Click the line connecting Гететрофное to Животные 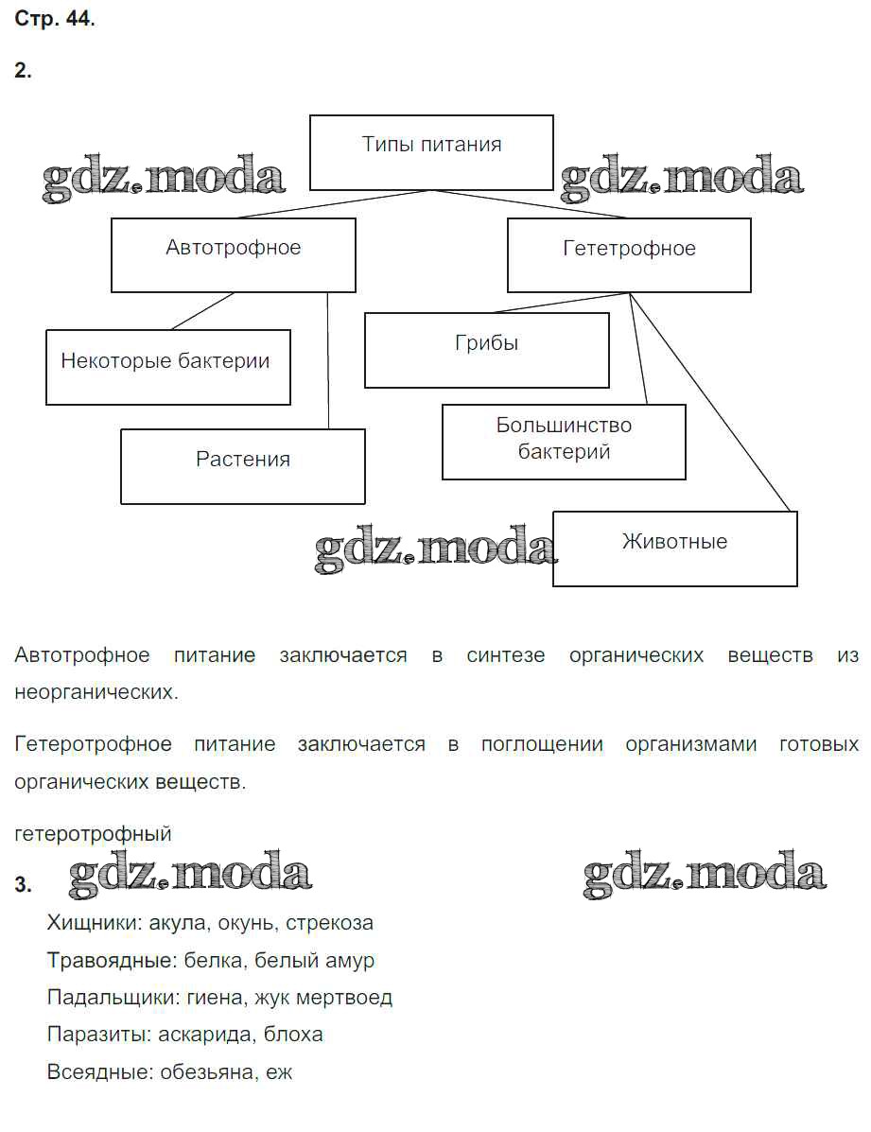[711, 403]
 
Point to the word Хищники [89, 922]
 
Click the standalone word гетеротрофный [94, 834]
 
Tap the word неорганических [96, 692]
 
